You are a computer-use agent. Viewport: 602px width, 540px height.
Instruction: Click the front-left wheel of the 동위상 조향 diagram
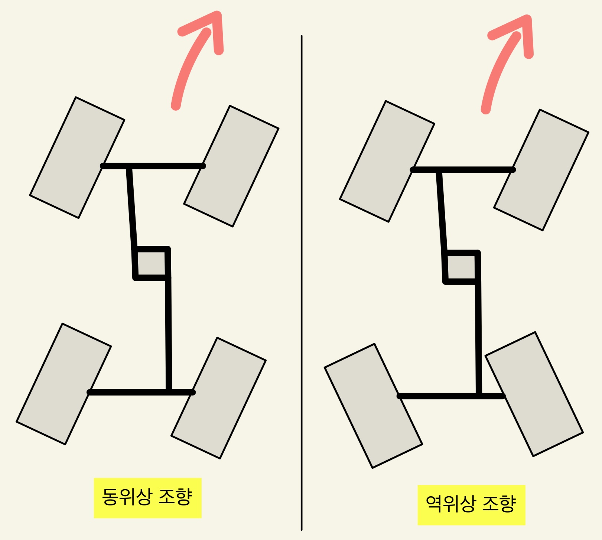pyautogui.click(x=77, y=157)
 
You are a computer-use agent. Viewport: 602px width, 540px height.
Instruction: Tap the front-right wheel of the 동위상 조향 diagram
pyautogui.click(x=231, y=166)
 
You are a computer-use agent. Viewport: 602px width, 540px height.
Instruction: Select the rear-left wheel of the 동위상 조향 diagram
pyautogui.click(x=64, y=384)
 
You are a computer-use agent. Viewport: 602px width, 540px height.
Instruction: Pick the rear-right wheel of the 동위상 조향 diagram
pyautogui.click(x=218, y=398)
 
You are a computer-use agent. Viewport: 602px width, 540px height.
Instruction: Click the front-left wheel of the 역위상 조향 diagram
pyautogui.click(x=387, y=161)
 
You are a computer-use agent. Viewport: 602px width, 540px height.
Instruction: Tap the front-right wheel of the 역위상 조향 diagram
pyautogui.click(x=541, y=170)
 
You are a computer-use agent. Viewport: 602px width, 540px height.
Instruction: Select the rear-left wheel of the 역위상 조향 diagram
pyautogui.click(x=373, y=406)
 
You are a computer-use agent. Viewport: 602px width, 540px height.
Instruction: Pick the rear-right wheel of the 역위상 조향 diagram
pyautogui.click(x=534, y=394)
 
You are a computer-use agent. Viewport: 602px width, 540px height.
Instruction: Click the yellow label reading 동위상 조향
pyautogui.click(x=147, y=498)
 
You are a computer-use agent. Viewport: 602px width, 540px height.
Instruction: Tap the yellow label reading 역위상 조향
pyautogui.click(x=471, y=505)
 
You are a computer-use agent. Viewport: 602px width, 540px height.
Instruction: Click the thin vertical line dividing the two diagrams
pyautogui.click(x=302, y=282)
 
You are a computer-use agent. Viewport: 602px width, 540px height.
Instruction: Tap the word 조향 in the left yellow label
pyautogui.click(x=175, y=498)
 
